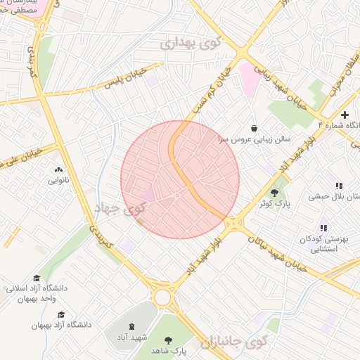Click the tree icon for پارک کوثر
(275, 192)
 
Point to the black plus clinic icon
(345, 115)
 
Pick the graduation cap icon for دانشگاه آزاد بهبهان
(61, 314)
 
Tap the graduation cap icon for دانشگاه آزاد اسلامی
(37, 278)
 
